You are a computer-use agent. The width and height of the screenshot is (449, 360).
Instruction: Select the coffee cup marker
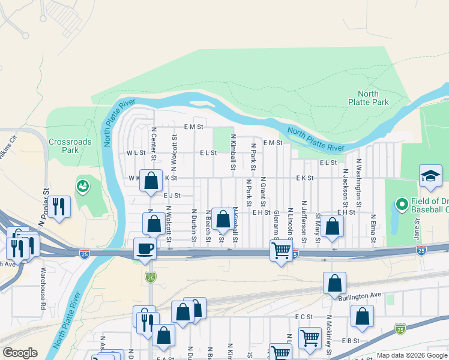click(145, 248)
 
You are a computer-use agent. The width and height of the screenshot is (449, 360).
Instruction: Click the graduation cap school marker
click(430, 176)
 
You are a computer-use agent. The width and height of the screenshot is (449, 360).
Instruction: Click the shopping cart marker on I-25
click(280, 250)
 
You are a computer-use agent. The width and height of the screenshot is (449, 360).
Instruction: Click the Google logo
click(20, 353)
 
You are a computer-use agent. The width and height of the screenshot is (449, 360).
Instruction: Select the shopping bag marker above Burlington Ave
click(334, 283)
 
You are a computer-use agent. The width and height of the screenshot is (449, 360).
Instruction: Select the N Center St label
click(154, 144)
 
